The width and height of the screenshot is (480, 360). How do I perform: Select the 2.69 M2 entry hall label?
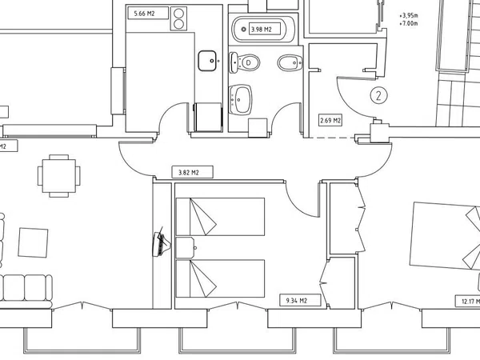coord(330,120)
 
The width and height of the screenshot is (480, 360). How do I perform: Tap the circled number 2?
coord(378,95)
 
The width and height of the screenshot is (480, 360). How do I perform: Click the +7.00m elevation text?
coord(409,23)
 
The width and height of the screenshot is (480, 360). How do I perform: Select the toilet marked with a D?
coord(244,62)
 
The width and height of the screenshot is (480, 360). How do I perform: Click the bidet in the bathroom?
coord(290,62)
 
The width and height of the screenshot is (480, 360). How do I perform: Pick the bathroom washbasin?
coord(241,100)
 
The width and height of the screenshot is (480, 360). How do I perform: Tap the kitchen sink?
coord(207,61)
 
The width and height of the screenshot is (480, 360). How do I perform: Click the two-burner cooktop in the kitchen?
coord(178,18)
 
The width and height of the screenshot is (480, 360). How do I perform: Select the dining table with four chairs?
coord(58,176)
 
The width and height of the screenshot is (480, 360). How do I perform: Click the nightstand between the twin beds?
coord(186,247)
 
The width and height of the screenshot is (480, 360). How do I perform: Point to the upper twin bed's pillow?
coord(202,217)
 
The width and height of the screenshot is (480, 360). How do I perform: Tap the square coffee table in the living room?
coord(33,242)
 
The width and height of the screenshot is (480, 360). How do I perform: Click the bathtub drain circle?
coord(244,30)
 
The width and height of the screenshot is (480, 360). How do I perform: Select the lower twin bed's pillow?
coord(202,278)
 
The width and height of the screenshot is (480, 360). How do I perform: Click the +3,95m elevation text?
coord(409,15)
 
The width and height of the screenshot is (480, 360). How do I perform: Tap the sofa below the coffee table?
coord(26,291)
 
